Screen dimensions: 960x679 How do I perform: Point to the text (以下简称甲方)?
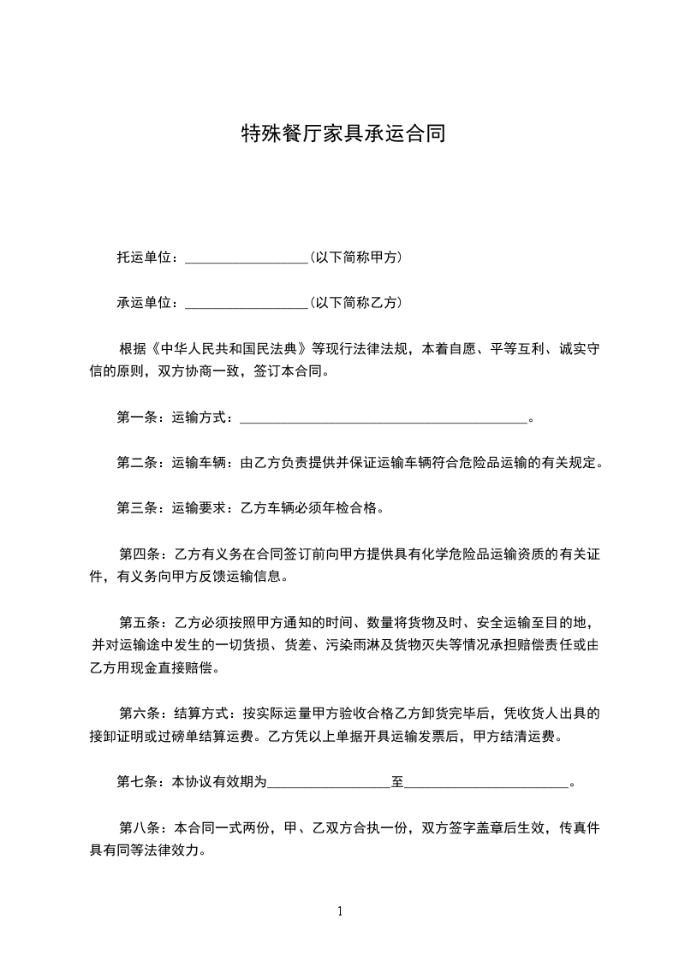(x=356, y=257)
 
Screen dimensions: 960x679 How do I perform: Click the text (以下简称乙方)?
(x=356, y=302)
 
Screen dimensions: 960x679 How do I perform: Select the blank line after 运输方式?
(x=383, y=418)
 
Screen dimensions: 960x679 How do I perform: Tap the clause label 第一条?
(x=135, y=418)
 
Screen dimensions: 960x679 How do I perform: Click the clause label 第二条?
(x=135, y=463)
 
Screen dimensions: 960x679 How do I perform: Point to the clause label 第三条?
(x=135, y=508)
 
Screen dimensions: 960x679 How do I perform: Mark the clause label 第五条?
(x=137, y=622)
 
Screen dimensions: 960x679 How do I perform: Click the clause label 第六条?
(x=137, y=713)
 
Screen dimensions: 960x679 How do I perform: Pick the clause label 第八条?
(x=137, y=827)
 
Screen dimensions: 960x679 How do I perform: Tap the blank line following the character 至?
(x=486, y=781)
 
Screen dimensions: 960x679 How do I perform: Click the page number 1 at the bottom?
(x=340, y=911)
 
